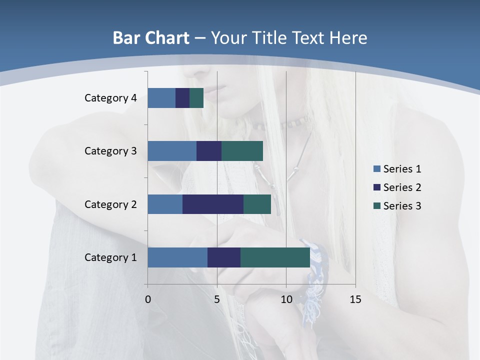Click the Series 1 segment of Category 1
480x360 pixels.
[x=177, y=257]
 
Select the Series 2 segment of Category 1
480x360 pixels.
[x=224, y=257]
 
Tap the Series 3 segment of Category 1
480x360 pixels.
[x=275, y=257]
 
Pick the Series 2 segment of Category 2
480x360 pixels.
[x=213, y=204]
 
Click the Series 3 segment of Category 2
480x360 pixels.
[x=257, y=204]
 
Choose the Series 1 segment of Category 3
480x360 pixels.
[x=172, y=151]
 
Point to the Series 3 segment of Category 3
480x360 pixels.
[x=242, y=151]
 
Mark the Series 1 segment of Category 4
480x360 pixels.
[x=161, y=98]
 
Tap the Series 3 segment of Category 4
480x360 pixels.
[x=196, y=98]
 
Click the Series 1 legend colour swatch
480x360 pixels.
[x=377, y=169]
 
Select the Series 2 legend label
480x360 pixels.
[x=402, y=187]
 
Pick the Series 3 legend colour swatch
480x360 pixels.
[x=377, y=206]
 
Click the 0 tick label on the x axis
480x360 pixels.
[x=148, y=299]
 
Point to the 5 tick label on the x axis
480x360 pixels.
[x=217, y=299]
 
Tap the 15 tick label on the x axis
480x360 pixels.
[x=355, y=299]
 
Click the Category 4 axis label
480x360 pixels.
[x=110, y=98]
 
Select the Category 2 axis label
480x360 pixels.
[x=110, y=204]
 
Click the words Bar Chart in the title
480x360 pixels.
[x=151, y=38]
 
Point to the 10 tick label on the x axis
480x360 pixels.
[x=286, y=299]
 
